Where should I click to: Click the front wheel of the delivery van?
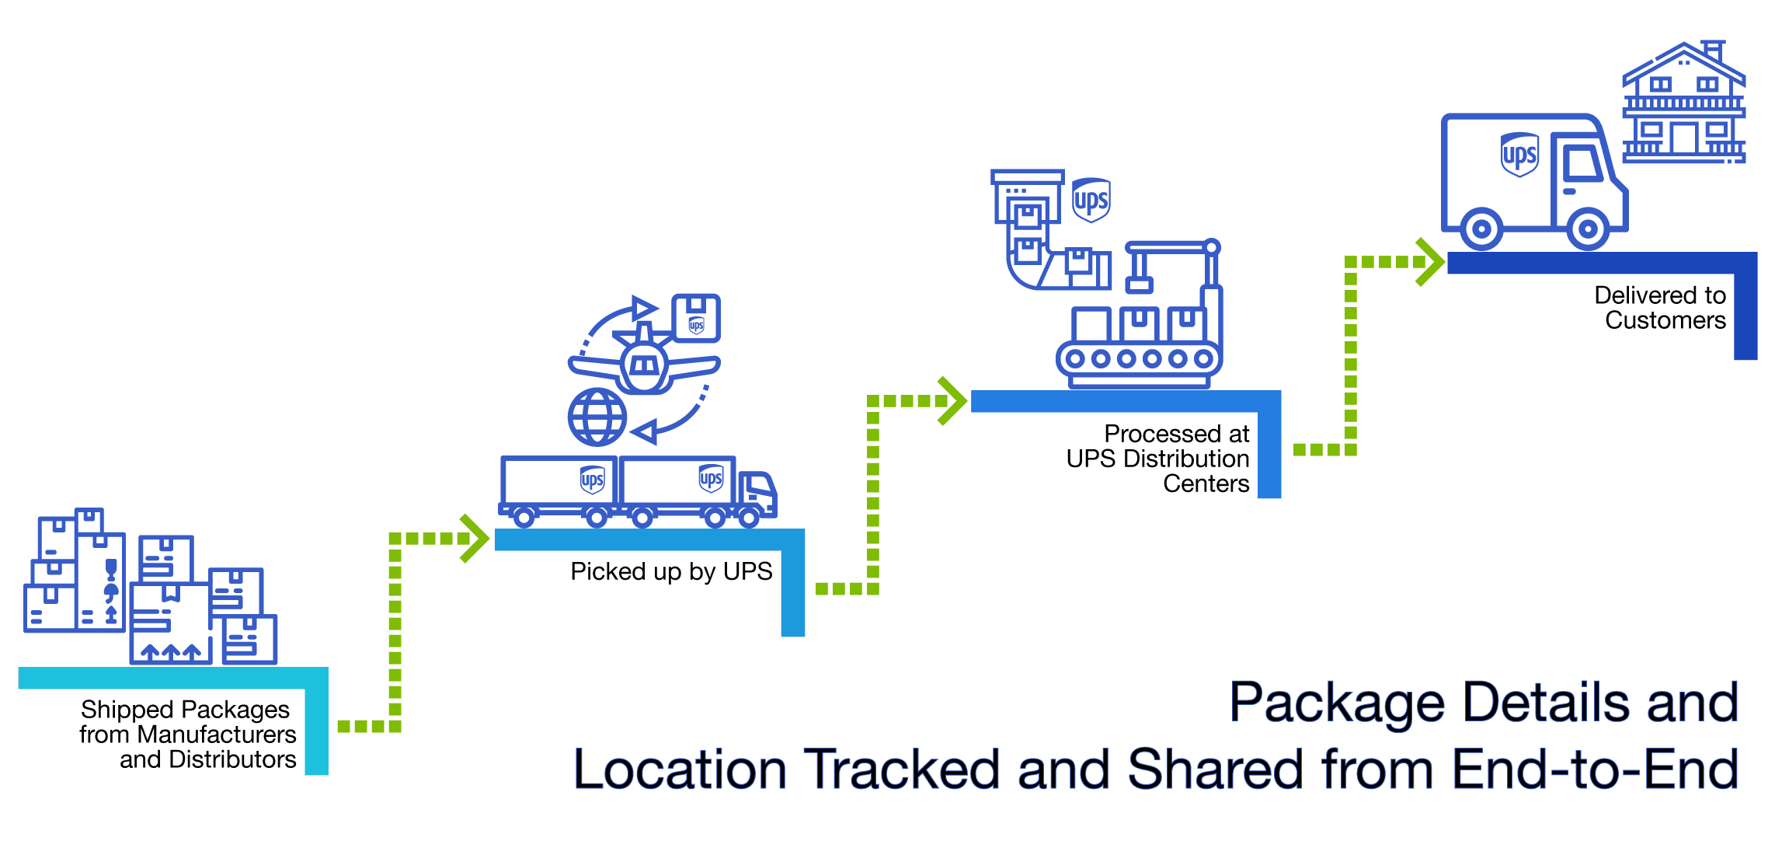click(1587, 229)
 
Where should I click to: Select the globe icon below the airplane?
click(597, 417)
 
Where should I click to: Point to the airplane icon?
click(644, 361)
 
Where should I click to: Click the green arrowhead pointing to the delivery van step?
click(1429, 262)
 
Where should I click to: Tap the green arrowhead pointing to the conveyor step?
click(952, 401)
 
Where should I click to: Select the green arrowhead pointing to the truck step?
click(474, 538)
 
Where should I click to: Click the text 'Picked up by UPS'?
click(671, 572)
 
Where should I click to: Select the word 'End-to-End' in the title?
click(1594, 769)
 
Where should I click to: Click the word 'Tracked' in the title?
click(901, 769)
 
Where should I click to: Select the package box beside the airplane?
click(695, 318)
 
